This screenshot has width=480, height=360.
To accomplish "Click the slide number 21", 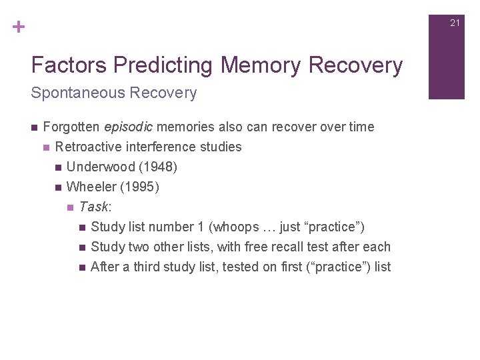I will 455,23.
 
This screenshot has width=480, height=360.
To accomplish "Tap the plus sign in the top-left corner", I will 18,27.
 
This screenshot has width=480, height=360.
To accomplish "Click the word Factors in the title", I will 69,65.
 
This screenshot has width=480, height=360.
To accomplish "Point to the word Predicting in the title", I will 164,65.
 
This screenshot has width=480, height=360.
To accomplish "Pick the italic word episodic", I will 129,127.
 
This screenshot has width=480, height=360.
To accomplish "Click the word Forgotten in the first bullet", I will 72,127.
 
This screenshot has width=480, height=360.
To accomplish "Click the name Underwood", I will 100,167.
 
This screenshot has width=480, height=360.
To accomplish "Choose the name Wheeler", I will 91,187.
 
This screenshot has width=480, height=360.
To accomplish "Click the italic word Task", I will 93,207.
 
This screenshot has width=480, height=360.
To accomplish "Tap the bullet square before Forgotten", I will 34,127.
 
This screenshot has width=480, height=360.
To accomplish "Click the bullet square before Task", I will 70,207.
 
